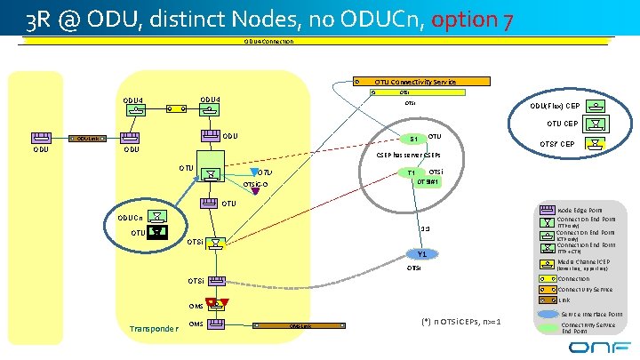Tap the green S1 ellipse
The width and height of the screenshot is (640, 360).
click(412, 140)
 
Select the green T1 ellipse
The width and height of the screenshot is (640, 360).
click(411, 172)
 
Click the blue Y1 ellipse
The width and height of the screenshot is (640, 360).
click(421, 255)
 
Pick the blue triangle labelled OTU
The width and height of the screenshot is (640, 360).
click(251, 172)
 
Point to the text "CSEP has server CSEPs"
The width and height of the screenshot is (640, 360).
click(408, 154)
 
